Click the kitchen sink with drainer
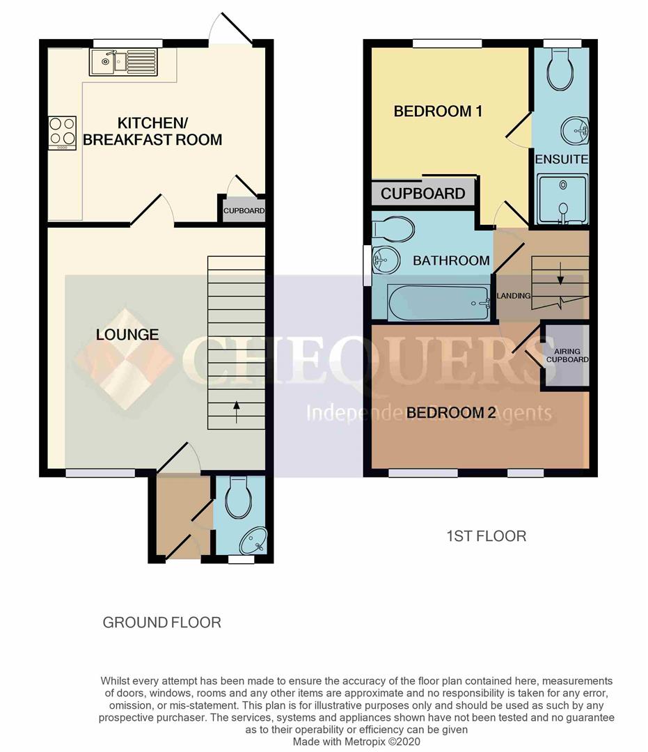[123, 62]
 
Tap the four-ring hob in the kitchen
[63, 132]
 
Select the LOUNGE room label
[127, 335]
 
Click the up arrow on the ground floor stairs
[236, 412]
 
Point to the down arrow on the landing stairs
[560, 274]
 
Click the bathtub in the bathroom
[439, 303]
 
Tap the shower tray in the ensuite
[562, 199]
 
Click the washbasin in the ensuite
[575, 130]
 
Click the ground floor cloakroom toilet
[238, 497]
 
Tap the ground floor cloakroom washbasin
[253, 540]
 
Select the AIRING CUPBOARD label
[567, 355]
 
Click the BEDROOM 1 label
[438, 111]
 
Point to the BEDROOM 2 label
[451, 412]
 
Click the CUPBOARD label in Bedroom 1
[422, 194]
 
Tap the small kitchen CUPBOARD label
[244, 210]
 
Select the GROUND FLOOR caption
[162, 622]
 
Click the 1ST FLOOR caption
[486, 535]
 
